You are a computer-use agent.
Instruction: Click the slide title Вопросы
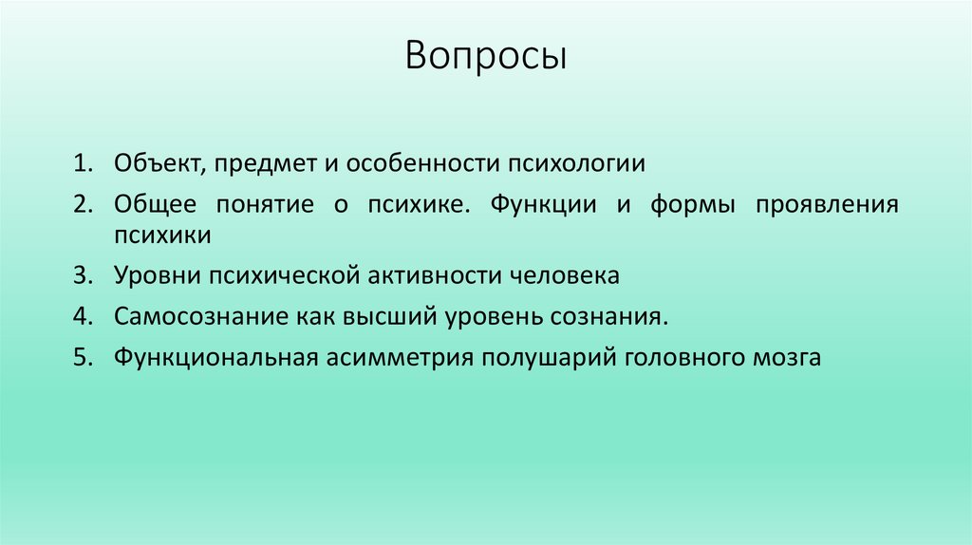(x=485, y=57)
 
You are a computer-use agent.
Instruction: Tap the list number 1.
(x=81, y=163)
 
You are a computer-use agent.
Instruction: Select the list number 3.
(x=81, y=276)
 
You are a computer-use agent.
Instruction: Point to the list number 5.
(x=81, y=358)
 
